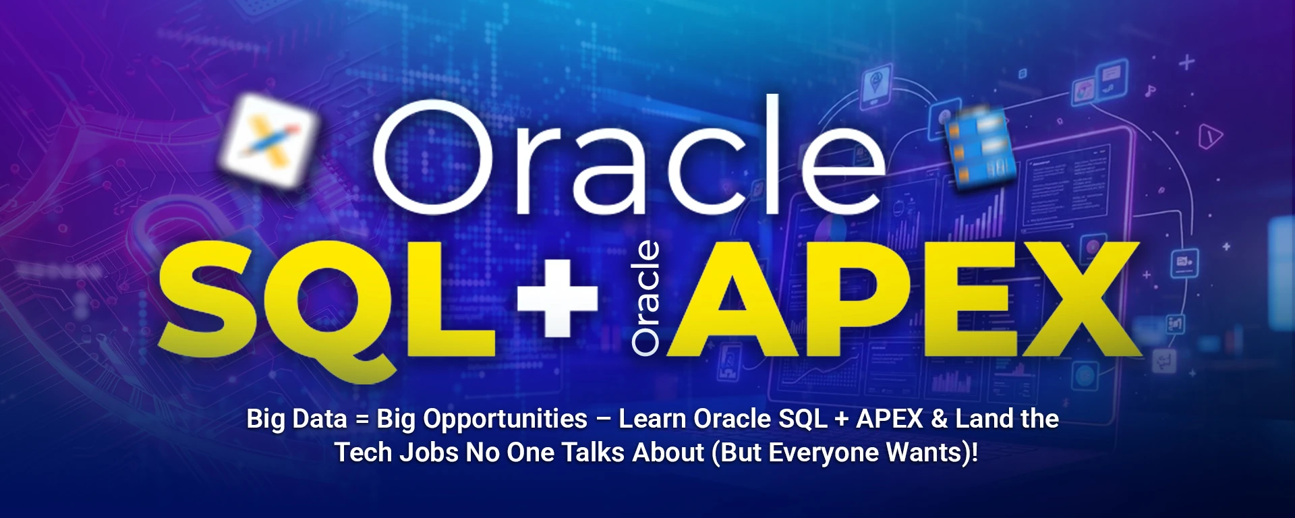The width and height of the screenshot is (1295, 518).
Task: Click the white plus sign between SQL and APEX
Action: coord(557,297)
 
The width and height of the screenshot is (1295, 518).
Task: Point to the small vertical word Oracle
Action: coord(645,298)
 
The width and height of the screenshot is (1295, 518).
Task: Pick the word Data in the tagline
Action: coord(320,419)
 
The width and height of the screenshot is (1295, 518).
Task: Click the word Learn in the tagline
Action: coord(653,419)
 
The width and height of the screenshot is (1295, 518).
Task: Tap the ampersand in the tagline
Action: coord(940,419)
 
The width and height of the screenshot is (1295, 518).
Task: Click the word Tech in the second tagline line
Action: coord(363,453)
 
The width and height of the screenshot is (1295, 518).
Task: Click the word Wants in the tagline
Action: coord(925,453)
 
